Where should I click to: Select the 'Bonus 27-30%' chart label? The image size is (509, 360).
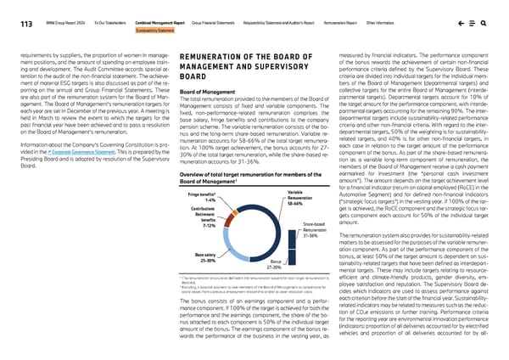click(x=274, y=266)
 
